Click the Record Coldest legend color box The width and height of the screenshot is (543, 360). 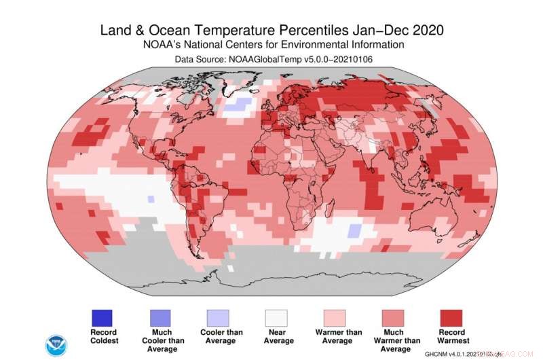[x=101, y=317]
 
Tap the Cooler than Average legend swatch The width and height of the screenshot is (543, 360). [x=217, y=317]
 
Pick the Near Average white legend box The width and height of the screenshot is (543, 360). [x=274, y=317]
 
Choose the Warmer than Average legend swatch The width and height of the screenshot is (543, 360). [x=333, y=317]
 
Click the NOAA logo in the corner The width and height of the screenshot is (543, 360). [x=56, y=344]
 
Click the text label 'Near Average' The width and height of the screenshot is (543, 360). [x=274, y=336]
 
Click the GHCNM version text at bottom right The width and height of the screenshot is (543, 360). [x=462, y=354]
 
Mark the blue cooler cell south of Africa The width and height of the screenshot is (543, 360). [x=353, y=231]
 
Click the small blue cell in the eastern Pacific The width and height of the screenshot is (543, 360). [x=151, y=198]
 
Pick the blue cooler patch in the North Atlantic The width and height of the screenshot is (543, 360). [x=236, y=105]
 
